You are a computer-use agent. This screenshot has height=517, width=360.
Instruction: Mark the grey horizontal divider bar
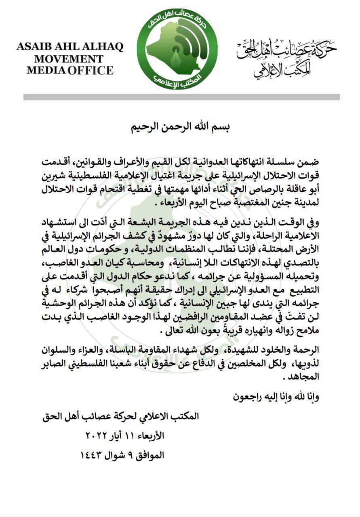coord(181,97)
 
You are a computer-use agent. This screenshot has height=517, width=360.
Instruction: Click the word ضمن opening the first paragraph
coord(309,162)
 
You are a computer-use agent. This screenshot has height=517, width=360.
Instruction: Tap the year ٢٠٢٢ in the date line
coord(95,436)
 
